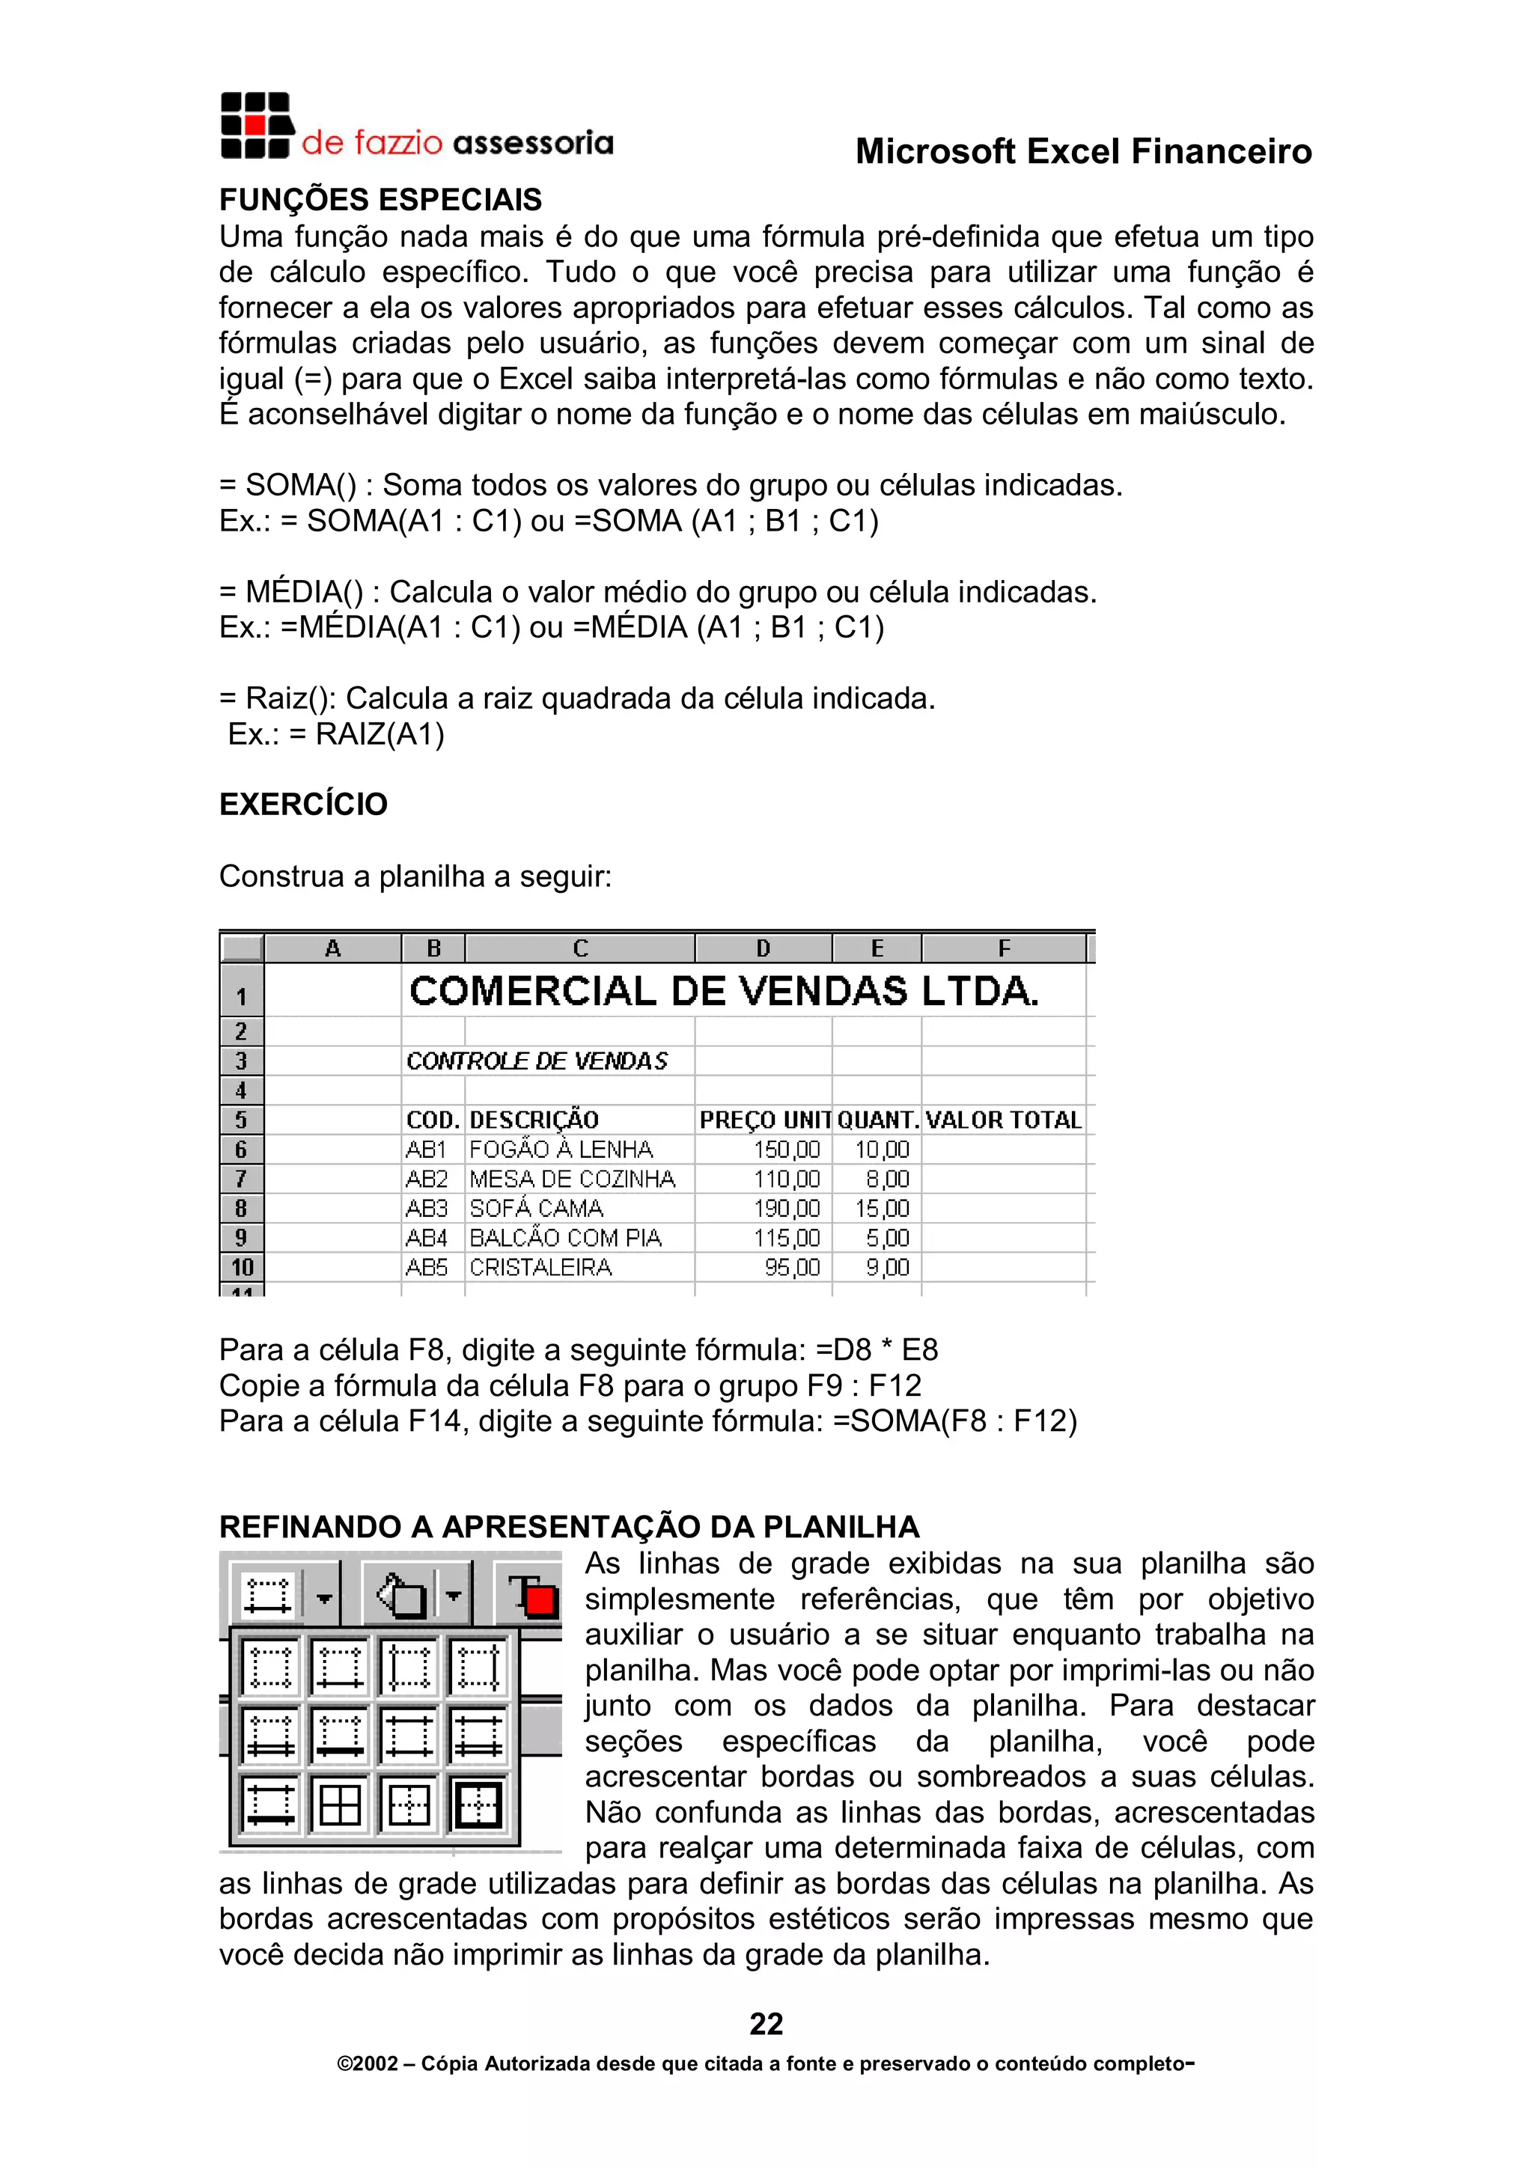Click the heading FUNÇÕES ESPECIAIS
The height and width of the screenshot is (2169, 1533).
click(381, 201)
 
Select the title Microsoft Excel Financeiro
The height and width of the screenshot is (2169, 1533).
click(1083, 151)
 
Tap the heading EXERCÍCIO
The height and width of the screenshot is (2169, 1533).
click(303, 804)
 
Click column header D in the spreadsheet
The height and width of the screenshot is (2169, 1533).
click(764, 948)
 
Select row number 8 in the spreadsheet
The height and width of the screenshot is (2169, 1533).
click(242, 1208)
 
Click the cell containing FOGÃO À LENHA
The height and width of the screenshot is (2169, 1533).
click(561, 1150)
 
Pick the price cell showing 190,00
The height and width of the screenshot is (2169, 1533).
click(786, 1208)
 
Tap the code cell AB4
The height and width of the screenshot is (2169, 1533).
click(426, 1237)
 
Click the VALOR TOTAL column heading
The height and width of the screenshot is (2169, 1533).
click(1003, 1120)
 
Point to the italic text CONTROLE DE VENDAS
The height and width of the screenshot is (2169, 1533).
click(537, 1061)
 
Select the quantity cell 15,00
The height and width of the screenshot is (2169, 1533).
click(881, 1208)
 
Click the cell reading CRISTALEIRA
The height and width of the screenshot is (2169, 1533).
click(540, 1268)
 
